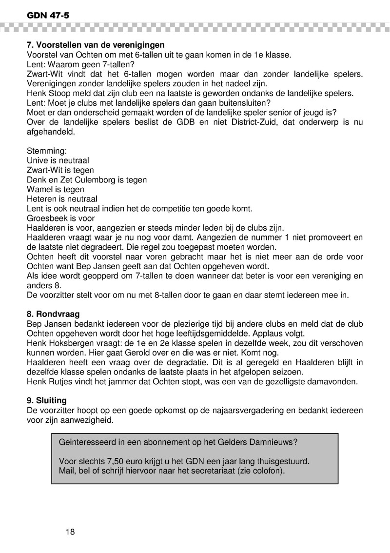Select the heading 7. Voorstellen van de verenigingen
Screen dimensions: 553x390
(x=95, y=45)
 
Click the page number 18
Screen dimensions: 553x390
(x=70, y=532)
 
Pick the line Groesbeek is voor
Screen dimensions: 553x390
(x=60, y=218)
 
